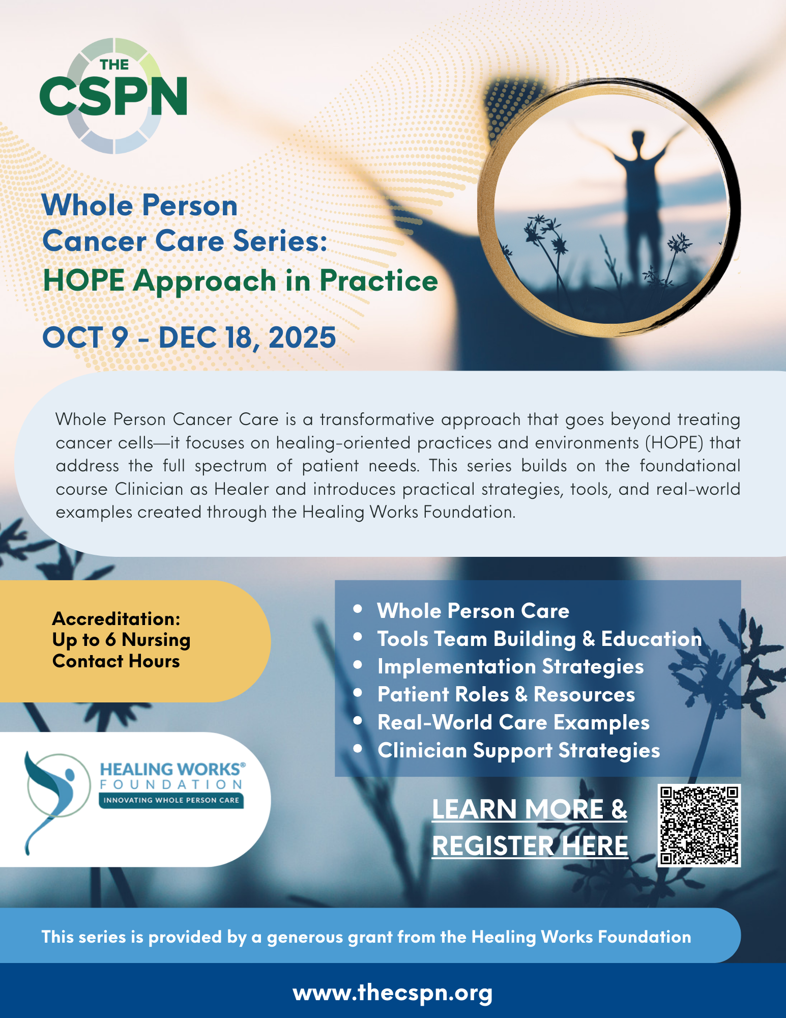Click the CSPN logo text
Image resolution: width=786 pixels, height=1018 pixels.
(113, 96)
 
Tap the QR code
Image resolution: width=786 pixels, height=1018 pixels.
(699, 825)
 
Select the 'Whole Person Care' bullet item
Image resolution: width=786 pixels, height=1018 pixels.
(473, 611)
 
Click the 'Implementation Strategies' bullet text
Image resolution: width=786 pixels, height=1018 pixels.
(511, 667)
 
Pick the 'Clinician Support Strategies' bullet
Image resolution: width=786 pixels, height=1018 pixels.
(519, 751)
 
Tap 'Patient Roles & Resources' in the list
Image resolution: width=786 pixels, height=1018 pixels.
(506, 694)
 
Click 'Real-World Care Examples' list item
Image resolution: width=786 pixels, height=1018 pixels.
(513, 723)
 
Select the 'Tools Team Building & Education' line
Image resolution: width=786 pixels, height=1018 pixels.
(539, 639)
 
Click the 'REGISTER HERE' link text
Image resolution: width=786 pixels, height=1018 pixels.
(530, 846)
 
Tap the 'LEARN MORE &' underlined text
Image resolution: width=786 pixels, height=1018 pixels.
(530, 809)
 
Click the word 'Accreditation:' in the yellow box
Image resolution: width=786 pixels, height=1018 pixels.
(116, 618)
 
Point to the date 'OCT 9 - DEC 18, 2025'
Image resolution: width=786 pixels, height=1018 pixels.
(189, 337)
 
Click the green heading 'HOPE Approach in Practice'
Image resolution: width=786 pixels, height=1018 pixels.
(240, 281)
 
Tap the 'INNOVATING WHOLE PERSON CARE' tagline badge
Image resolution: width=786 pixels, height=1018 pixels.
(171, 800)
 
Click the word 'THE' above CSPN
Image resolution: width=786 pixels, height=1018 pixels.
(114, 65)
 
